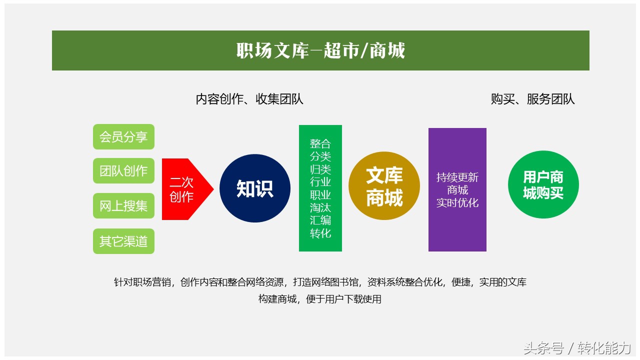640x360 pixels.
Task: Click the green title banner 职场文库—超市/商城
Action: [320, 50]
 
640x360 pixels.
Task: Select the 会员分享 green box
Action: [123, 137]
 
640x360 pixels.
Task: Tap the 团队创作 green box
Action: [123, 171]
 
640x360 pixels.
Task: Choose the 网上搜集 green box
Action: [123, 206]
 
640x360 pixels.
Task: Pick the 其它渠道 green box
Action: [123, 241]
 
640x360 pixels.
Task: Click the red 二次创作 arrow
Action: [184, 189]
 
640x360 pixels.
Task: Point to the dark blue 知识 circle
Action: [255, 188]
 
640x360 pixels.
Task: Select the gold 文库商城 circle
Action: [384, 186]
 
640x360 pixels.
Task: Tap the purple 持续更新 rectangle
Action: [457, 189]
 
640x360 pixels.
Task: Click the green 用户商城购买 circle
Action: [543, 184]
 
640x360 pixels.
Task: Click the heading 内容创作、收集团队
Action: [249, 99]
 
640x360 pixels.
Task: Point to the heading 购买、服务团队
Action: [532, 99]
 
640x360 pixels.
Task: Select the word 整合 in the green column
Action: [320, 143]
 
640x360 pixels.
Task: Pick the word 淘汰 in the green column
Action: [320, 207]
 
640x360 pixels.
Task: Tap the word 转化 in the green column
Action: [320, 233]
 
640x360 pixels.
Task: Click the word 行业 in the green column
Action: [320, 182]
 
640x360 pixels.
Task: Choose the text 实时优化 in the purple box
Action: [457, 202]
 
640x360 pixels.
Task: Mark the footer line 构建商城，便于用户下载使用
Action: [320, 299]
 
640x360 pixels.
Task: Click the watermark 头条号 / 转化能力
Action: [577, 348]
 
